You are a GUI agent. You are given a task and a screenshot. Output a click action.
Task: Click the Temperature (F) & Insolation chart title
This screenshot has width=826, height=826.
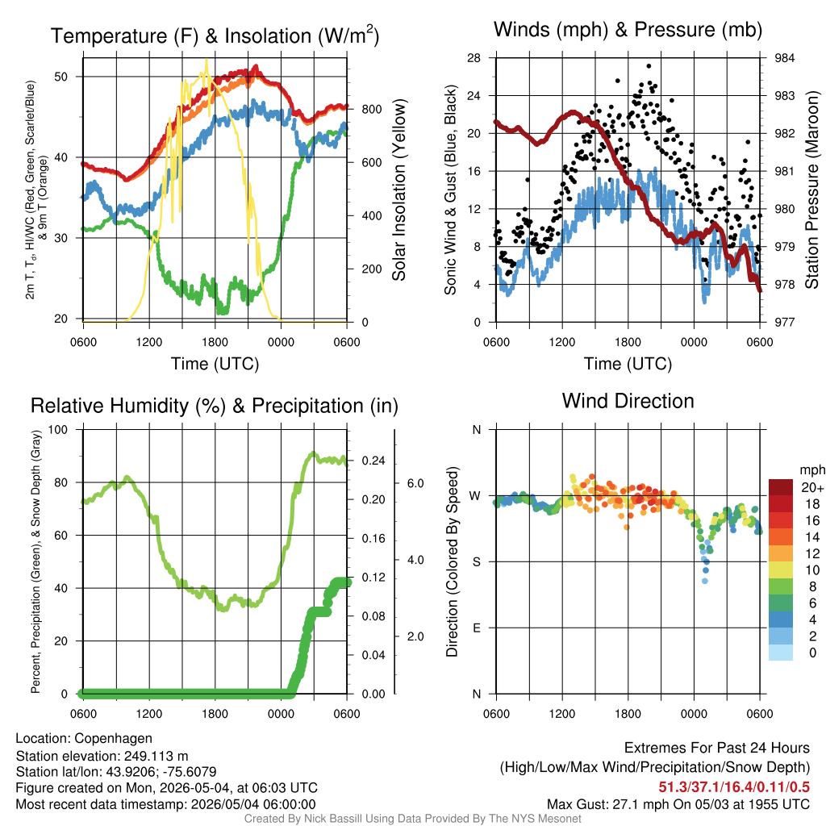(215, 35)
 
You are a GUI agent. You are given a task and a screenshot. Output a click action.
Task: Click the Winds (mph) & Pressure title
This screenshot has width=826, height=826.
(628, 30)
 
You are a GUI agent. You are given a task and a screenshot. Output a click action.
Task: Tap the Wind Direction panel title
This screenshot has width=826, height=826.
(628, 401)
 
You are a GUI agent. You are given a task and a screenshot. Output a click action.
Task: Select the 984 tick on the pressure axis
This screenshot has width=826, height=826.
(784, 58)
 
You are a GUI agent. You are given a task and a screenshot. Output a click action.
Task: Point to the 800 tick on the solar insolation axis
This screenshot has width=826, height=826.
(371, 110)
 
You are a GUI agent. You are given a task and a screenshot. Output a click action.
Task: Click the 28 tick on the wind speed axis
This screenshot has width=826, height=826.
(473, 58)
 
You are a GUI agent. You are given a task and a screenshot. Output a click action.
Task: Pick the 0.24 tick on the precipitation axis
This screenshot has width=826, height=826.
(373, 461)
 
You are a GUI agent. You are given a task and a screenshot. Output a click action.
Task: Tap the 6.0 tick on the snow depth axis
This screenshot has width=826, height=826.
(415, 484)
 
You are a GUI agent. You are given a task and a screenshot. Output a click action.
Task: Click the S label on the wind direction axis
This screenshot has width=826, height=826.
(476, 562)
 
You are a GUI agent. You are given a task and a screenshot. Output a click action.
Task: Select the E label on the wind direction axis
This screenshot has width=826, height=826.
(476, 628)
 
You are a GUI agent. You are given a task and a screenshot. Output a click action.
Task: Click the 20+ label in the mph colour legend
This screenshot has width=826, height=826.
(812, 488)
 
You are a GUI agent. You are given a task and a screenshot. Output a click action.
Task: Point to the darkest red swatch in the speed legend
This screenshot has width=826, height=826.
(781, 487)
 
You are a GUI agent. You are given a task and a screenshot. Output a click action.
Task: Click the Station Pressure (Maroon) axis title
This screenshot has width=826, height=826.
(811, 190)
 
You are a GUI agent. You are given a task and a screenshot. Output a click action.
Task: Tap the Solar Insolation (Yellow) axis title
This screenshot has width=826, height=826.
(398, 190)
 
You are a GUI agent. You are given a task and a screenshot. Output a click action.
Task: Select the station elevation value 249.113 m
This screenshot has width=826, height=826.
(156, 757)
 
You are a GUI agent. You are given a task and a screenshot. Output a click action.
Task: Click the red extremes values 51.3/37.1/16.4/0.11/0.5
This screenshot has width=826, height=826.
(734, 787)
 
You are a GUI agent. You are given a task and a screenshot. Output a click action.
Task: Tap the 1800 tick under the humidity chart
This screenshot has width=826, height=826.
(215, 714)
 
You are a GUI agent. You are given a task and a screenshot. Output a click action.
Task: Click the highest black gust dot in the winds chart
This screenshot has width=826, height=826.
(649, 66)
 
